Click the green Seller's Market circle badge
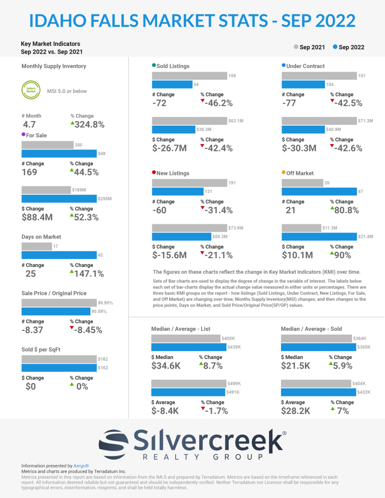pos(30,90)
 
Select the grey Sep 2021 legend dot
pos(296,47)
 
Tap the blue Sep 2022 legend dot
pos(335,47)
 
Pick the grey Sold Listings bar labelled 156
pos(190,75)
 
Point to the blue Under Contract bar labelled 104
pos(303,85)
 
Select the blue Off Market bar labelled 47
pos(319,191)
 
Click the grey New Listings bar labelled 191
pos(190,183)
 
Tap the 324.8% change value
pos(90,125)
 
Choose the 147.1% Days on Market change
pos(90,274)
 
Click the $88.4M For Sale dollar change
pos(37,218)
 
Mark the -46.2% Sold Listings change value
pos(218,103)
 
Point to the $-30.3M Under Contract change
pos(299,148)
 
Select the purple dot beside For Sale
pos(24,135)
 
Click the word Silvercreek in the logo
pos(208,440)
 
